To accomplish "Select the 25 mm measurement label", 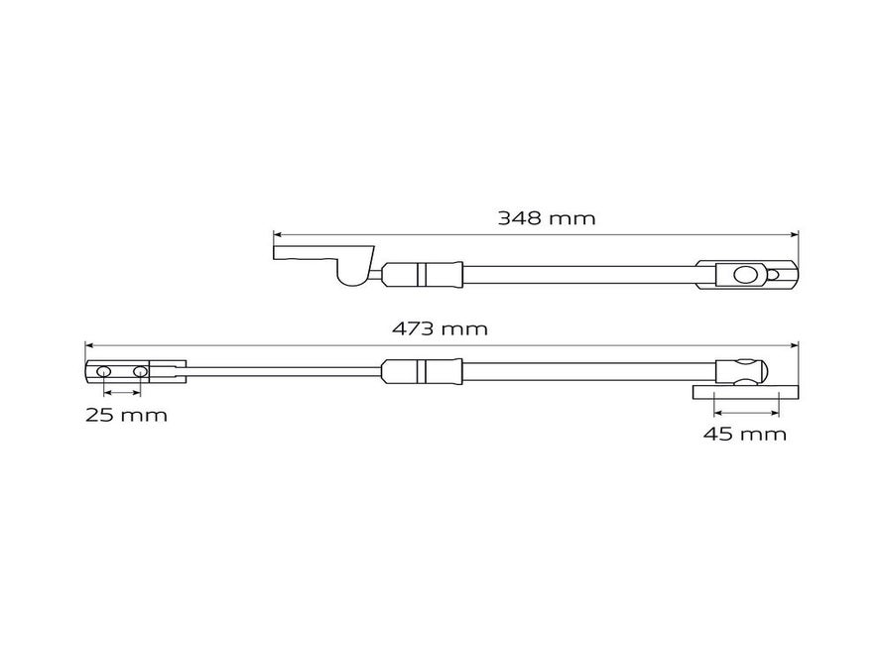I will (126, 415).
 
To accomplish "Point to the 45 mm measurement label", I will (745, 434).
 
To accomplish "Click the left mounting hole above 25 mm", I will (103, 372).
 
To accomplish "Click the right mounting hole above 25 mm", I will (140, 372).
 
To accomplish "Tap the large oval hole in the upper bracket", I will (742, 274).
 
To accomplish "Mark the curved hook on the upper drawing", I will (353, 273).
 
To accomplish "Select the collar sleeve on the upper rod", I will (422, 273).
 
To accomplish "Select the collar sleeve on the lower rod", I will (421, 372).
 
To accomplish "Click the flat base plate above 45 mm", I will (744, 394).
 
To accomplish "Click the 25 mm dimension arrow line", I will (121, 394).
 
